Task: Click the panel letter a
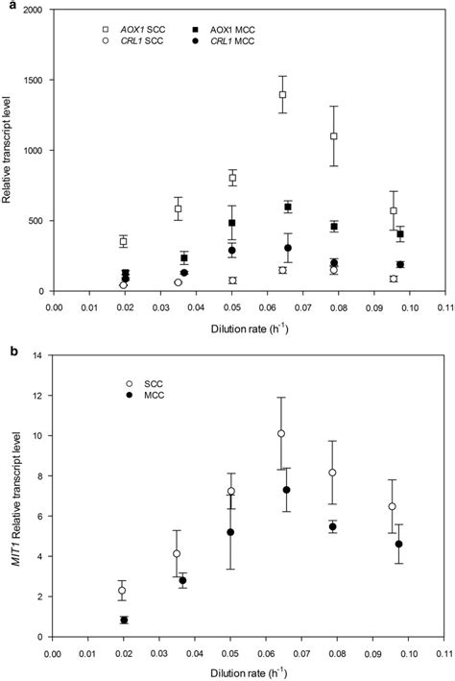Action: [7, 6]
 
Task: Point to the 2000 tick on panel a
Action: [36, 12]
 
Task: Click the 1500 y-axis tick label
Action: [36, 82]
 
